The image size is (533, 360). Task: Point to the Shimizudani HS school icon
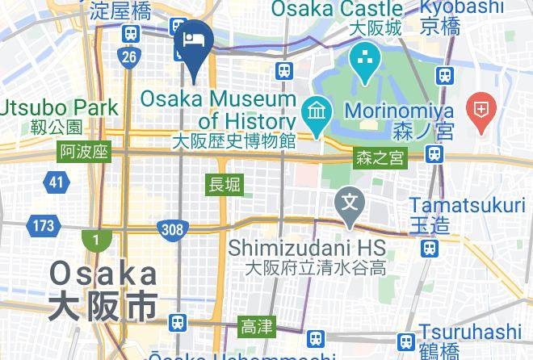[350, 199]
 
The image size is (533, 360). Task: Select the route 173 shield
[41, 226]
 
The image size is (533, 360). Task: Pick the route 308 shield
[171, 229]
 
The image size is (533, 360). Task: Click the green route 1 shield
[95, 240]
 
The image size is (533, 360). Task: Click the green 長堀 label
[225, 185]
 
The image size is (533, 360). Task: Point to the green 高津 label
[257, 327]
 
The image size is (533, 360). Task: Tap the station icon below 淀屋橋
[130, 34]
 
